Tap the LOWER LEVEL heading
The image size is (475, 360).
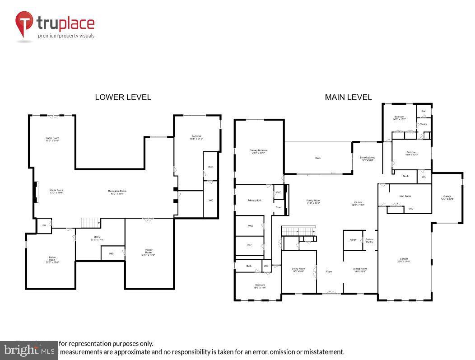(123, 97)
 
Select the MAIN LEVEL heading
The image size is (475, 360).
(348, 97)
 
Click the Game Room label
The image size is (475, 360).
(52, 139)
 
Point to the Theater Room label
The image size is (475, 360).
(149, 252)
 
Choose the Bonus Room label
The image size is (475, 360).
(52, 259)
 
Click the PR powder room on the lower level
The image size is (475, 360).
(44, 225)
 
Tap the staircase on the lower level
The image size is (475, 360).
(90, 223)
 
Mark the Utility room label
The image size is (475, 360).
(97, 238)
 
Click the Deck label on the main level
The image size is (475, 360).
(318, 158)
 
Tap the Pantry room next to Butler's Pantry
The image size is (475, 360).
(353, 240)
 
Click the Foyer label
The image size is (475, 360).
(329, 271)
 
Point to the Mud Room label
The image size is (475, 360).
(405, 196)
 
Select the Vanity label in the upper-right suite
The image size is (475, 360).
(424, 124)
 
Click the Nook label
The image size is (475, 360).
(405, 176)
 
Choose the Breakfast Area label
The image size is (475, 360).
(367, 159)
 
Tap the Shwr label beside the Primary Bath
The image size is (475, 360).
(279, 207)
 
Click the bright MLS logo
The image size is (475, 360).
(28, 350)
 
